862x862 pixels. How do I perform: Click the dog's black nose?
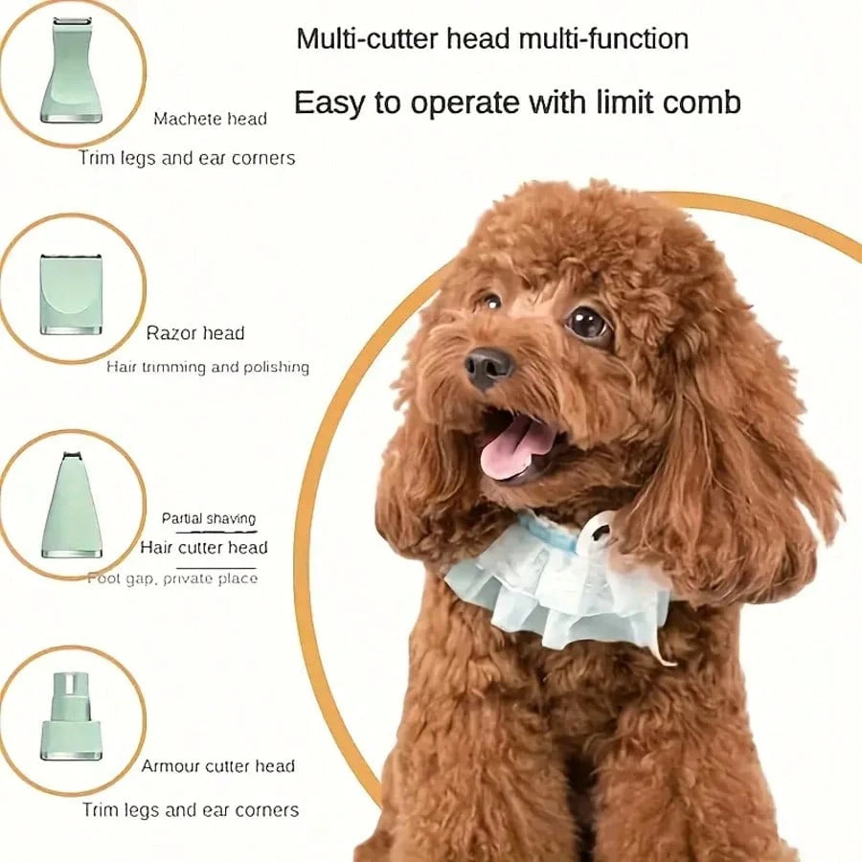489,366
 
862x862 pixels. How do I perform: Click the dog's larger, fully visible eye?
587,323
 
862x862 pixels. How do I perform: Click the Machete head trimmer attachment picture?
72,72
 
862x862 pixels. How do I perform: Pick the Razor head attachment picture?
71,292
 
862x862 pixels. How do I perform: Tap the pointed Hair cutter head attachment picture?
72,506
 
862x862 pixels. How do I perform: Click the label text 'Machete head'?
210,120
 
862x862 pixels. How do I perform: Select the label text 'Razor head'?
195,333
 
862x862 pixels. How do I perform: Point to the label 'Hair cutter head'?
204,548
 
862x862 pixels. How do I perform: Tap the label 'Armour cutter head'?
218,766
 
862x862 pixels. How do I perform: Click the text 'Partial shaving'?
209,519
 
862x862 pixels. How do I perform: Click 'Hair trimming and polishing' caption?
208,367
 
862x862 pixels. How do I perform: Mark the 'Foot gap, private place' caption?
173,578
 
